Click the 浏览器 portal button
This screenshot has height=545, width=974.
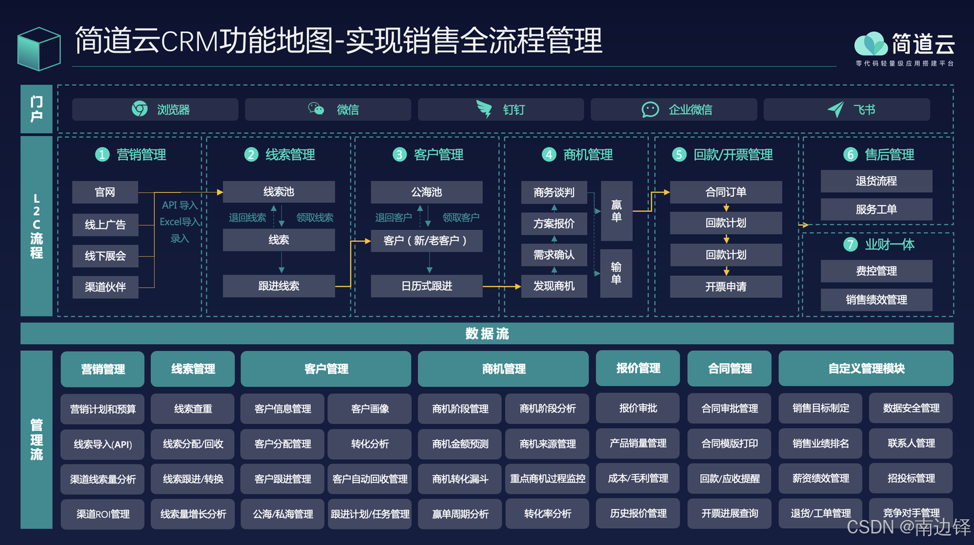155,110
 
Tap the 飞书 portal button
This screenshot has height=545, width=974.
847,110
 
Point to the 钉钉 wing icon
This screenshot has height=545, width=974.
484,109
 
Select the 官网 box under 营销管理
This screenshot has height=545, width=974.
105,192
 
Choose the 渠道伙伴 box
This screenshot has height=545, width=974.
105,287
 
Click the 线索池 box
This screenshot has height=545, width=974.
279,192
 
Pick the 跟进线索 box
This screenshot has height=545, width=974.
279,286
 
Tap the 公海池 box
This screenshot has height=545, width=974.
426,192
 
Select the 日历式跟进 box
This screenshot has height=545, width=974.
426,286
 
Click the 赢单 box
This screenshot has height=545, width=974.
616,210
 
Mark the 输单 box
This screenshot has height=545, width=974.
616,273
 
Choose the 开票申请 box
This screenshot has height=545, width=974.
726,287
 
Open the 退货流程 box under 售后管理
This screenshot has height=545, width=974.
876,181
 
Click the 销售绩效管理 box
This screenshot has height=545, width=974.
876,300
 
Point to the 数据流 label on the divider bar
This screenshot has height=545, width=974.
487,333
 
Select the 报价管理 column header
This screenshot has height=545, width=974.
638,369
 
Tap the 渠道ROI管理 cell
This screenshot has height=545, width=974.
103,514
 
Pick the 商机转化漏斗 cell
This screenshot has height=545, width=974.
460,479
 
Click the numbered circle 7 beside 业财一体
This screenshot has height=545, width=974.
850,245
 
